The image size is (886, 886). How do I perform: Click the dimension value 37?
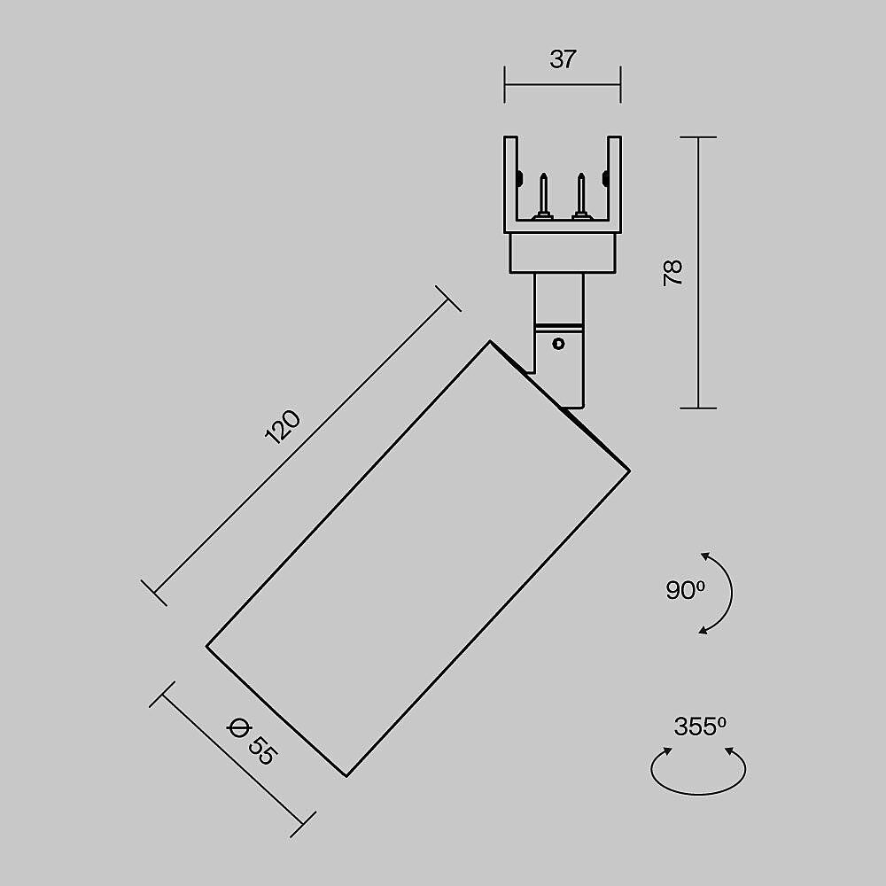[x=563, y=60]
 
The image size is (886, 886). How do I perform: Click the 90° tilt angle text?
[x=685, y=590]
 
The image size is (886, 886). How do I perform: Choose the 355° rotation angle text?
[x=699, y=727]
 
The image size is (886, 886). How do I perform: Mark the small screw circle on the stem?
[x=558, y=343]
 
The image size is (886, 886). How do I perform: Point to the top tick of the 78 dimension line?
[x=699, y=137]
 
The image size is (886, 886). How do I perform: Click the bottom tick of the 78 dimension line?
[x=699, y=408]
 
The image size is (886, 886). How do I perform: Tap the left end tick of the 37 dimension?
[x=505, y=84]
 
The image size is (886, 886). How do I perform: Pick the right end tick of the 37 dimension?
[x=620, y=84]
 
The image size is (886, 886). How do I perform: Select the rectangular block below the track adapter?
[x=562, y=253]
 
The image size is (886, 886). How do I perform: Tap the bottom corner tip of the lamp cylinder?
[x=346, y=776]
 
